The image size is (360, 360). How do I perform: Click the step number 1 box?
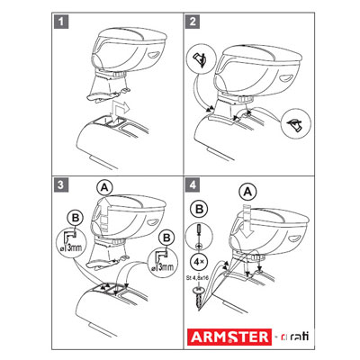(x=61, y=22)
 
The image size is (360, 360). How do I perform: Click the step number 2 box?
(x=193, y=22)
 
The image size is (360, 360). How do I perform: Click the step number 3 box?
(x=61, y=184)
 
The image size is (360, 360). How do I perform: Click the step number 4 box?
(x=193, y=184)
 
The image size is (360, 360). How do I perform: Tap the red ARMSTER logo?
(x=229, y=337)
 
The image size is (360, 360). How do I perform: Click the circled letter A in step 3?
(x=104, y=187)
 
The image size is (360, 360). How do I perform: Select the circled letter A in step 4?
(x=247, y=192)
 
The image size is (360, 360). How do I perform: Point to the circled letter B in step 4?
(x=200, y=209)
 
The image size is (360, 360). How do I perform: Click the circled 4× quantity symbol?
(x=200, y=262)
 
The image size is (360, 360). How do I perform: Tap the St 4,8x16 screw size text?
(x=198, y=278)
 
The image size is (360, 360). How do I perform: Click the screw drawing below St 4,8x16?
(x=198, y=298)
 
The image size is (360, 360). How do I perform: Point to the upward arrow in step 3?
(x=104, y=213)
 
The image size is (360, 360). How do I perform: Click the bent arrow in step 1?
(x=120, y=111)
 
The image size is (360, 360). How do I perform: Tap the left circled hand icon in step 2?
(x=202, y=58)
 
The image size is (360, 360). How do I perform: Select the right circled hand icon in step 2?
(x=296, y=124)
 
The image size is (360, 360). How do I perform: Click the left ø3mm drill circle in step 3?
(x=71, y=243)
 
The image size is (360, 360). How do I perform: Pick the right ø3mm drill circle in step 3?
(x=163, y=263)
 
